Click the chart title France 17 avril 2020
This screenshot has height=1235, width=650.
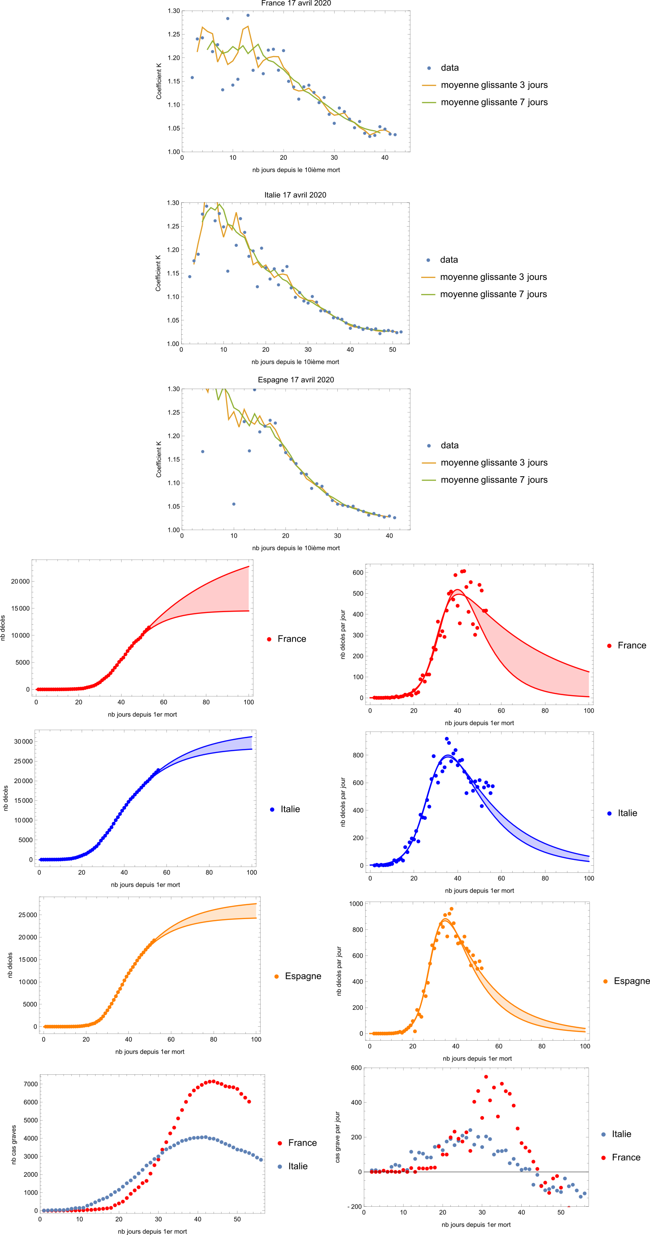(x=296, y=3)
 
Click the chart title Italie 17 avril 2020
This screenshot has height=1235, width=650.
(x=295, y=195)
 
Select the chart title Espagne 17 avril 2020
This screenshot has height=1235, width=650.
(x=296, y=380)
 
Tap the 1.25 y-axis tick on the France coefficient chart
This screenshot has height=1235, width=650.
(x=174, y=35)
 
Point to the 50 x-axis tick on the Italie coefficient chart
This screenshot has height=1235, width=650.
(x=392, y=350)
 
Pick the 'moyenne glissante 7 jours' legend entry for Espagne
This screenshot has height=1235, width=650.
(x=494, y=480)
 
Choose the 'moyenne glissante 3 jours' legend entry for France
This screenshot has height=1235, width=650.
(x=494, y=85)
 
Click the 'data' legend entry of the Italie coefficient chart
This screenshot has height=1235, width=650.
(x=449, y=260)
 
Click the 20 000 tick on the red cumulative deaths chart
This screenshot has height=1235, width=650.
(x=20, y=582)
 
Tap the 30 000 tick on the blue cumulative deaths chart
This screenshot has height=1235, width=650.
(x=23, y=742)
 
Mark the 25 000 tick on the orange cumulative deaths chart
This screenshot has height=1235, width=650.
(x=27, y=915)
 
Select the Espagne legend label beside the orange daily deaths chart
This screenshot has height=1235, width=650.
(x=631, y=981)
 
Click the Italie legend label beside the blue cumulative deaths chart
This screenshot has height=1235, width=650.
(x=290, y=809)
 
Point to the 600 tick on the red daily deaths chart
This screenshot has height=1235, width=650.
(x=358, y=573)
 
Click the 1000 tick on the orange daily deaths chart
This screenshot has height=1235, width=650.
(x=356, y=904)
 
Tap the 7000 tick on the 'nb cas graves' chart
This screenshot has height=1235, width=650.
(x=31, y=1084)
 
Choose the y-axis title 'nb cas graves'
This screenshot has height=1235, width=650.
(x=13, y=1145)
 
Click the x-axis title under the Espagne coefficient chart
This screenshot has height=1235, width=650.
(x=296, y=548)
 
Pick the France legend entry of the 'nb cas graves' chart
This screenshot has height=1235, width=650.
(x=302, y=1143)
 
